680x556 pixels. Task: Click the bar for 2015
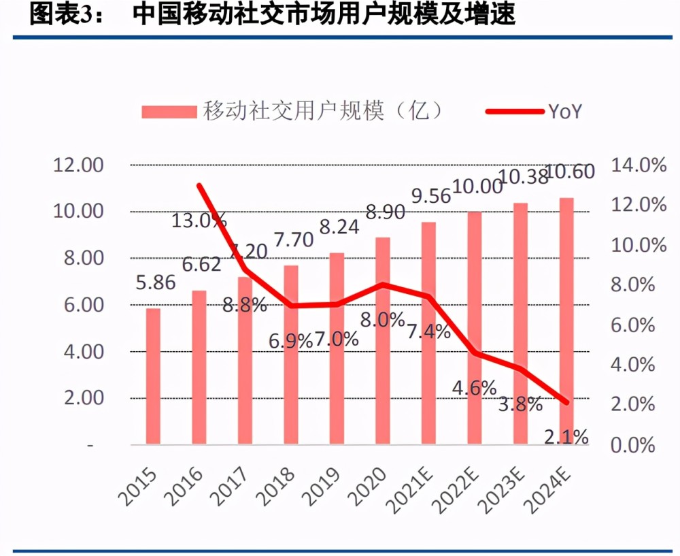154,376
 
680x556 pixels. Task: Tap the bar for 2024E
566,321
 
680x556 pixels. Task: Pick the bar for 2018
291,355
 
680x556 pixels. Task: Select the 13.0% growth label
199,220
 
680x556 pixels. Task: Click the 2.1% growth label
566,437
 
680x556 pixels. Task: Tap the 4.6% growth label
474,387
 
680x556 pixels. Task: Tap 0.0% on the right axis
634,446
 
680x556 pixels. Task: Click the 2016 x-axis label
184,485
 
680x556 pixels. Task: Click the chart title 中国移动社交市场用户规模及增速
324,15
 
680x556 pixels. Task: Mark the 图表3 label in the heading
65,15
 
